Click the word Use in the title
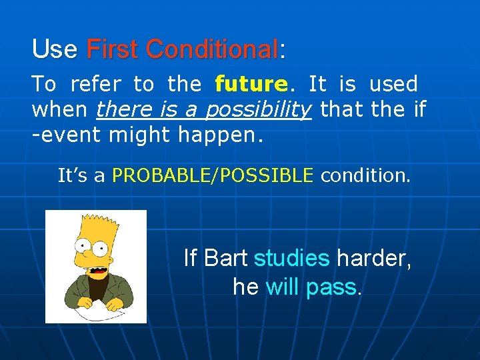tap(55, 49)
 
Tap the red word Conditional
tap(211, 49)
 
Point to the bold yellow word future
tap(251, 85)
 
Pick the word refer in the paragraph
tap(95, 85)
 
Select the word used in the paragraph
tap(393, 85)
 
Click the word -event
tap(67, 135)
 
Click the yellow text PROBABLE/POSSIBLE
tap(213, 175)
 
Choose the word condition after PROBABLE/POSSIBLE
tap(365, 175)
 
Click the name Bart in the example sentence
tap(227, 258)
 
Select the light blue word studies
tap(292, 258)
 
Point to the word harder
tap(373, 258)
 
